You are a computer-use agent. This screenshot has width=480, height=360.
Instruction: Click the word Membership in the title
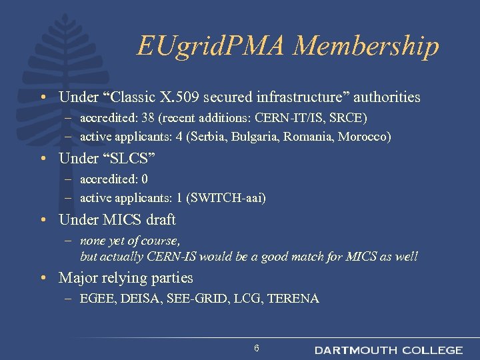(366, 46)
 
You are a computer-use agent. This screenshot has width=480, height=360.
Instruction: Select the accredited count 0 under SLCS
(145, 179)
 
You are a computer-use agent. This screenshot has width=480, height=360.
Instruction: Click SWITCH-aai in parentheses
(226, 198)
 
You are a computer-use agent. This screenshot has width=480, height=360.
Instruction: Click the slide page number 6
(257, 349)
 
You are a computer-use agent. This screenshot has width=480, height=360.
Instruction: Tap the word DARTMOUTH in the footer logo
(355, 350)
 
